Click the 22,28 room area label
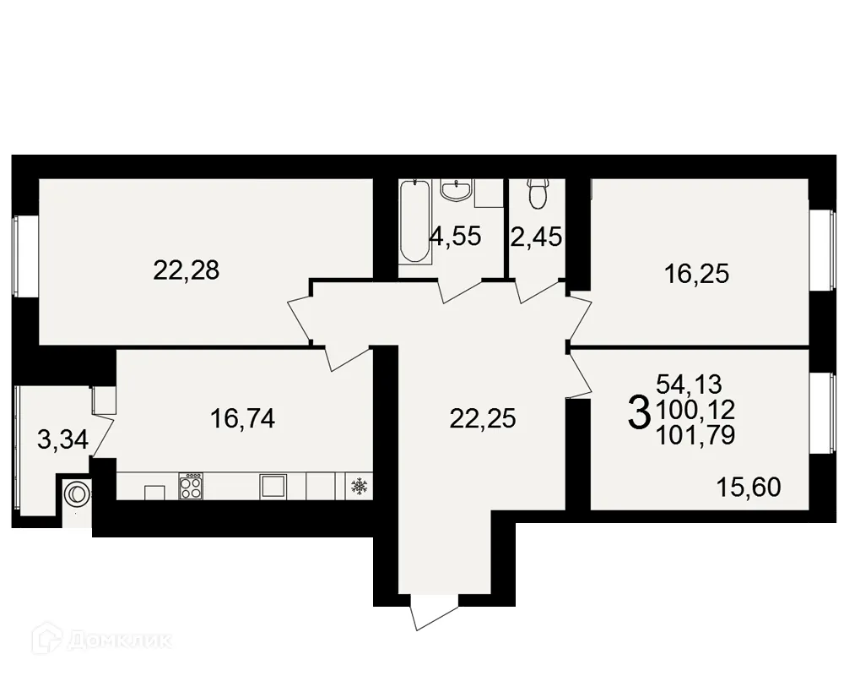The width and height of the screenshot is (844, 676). coord(186,270)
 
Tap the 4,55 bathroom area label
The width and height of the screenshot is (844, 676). coord(455,236)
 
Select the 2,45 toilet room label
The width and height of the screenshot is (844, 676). coord(536,236)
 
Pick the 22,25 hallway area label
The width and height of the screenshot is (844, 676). coord(483,418)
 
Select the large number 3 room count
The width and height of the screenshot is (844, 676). coord(640,412)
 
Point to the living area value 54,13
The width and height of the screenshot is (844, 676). coord(689,385)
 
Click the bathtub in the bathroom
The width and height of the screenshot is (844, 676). coord(414,221)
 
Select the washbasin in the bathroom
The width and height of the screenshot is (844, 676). coord(456,190)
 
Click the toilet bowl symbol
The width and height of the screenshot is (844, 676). coord(537,194)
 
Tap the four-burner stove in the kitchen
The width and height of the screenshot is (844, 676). coord(192,485)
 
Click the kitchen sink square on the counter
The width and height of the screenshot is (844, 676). coord(273,485)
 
